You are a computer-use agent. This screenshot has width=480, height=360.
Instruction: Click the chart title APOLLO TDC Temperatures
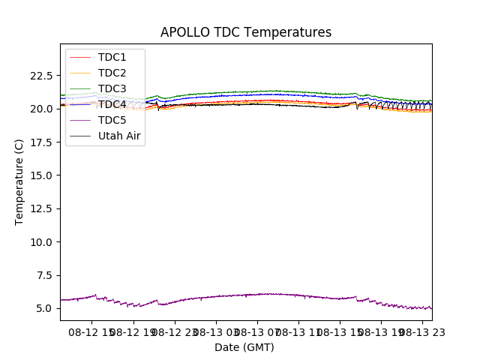tap(245, 32)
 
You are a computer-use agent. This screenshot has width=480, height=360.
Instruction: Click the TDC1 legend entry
tap(112, 57)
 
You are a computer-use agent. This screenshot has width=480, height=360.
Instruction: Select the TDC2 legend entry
tap(112, 73)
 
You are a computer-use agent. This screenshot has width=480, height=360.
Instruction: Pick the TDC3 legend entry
tap(112, 88)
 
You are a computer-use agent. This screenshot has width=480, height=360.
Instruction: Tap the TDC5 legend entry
tap(112, 120)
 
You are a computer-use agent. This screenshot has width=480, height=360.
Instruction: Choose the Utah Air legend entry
tap(119, 136)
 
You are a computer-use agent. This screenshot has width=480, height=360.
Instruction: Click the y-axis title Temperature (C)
tap(19, 181)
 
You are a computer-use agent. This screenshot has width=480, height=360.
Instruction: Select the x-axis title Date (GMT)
tap(244, 347)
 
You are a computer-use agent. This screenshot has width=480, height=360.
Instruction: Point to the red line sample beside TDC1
tap(80, 57)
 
